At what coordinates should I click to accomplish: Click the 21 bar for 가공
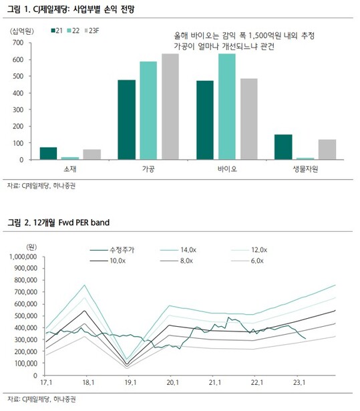126,120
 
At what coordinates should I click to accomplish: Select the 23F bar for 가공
170,106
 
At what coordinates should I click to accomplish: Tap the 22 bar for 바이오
227,106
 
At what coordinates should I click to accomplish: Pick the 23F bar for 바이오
249,119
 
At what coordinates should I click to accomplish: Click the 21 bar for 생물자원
283,147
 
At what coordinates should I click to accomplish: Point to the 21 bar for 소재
48,153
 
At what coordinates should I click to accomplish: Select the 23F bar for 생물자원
327,150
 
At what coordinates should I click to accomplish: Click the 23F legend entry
92,31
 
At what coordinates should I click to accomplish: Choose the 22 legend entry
73,31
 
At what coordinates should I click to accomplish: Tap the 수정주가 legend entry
112,250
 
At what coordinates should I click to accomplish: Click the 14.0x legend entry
178,250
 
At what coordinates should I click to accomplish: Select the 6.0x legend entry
248,261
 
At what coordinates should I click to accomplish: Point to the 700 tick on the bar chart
18,43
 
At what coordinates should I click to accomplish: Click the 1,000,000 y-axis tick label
23,257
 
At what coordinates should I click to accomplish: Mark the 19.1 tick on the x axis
130,382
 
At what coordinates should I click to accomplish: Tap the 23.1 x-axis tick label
299,382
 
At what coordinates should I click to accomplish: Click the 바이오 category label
227,169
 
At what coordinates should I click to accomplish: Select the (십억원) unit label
22,31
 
